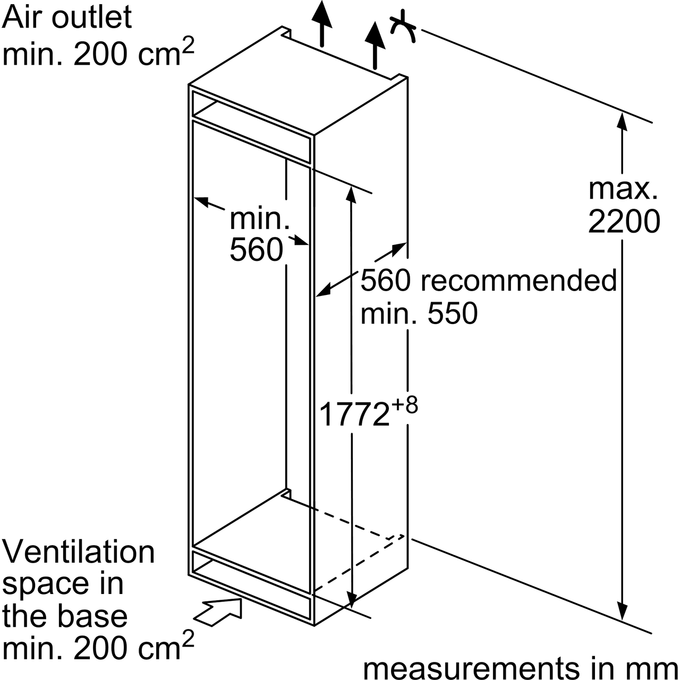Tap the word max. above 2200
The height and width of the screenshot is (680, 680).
point(623,189)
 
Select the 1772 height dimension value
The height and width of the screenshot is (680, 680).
point(353,415)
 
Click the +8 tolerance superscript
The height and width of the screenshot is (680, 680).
point(405,405)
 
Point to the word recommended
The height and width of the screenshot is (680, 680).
point(518,280)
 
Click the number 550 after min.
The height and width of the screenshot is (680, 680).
point(453,313)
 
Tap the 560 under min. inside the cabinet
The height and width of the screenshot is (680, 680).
point(256,250)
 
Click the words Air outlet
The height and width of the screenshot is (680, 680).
point(67,17)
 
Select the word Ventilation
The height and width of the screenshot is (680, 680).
point(79,552)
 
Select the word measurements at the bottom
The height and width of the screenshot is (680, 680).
point(470,668)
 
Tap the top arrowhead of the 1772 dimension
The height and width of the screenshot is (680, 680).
point(350,194)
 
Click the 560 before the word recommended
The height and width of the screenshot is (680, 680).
point(386,280)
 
